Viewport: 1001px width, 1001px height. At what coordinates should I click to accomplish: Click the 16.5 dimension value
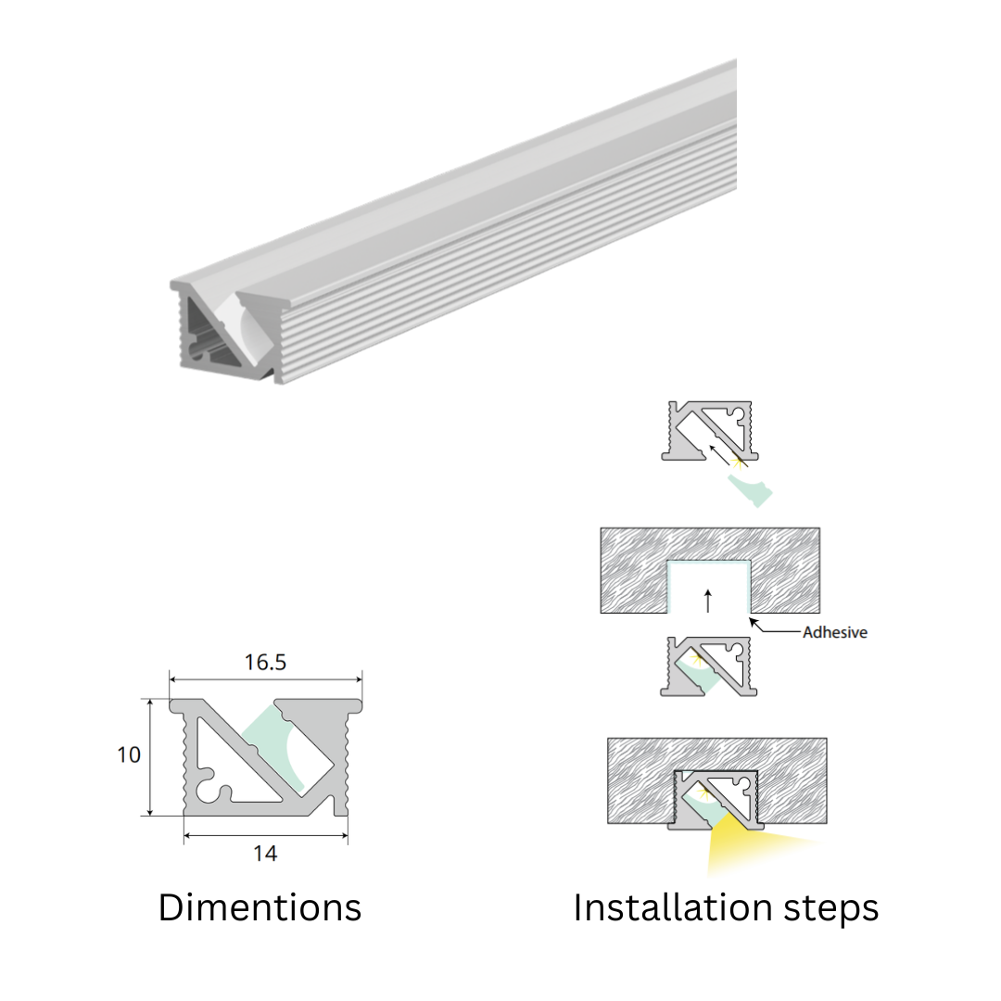coord(265,662)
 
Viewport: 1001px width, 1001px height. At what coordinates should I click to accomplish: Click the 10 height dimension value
coord(128,754)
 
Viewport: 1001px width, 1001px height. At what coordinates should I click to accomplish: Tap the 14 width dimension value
coord(265,854)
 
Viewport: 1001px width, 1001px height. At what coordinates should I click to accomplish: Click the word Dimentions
coord(260,907)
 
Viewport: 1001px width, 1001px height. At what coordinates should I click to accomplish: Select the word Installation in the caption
coord(672,907)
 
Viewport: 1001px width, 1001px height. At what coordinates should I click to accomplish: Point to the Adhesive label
coord(835,632)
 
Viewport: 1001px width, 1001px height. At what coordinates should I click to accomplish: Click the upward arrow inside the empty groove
coord(707,601)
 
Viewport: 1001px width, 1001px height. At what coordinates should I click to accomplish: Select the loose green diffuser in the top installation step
coord(750,490)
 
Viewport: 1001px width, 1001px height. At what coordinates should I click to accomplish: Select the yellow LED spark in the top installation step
coord(739,461)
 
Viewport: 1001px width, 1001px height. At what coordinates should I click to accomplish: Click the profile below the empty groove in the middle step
coord(709,666)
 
